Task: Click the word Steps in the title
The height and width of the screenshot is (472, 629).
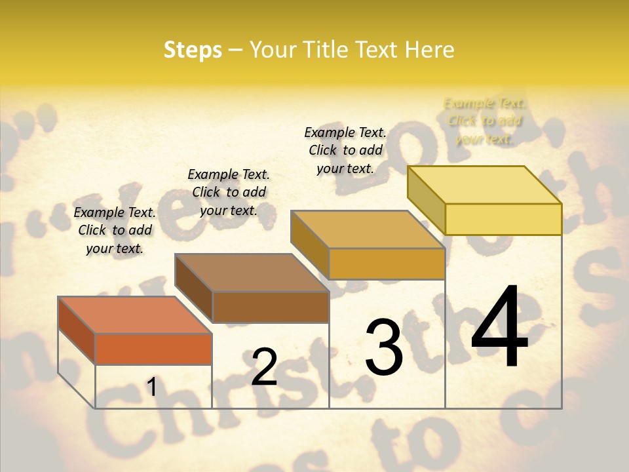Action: tap(193, 50)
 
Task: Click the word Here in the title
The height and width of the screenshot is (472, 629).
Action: tap(430, 50)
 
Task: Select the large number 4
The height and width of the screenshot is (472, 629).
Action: tap(499, 328)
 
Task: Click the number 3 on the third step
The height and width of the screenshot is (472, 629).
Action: tap(384, 347)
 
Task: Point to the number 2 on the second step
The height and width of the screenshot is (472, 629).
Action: tap(264, 367)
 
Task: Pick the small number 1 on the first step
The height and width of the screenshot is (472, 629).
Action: tap(152, 387)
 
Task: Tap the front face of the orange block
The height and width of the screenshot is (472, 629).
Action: tap(153, 349)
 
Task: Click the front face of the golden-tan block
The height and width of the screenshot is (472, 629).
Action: tap(387, 264)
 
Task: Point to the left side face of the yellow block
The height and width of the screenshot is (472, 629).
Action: tap(427, 200)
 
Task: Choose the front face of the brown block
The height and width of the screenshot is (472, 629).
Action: tap(271, 307)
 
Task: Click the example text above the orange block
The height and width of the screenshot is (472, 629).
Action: tap(115, 230)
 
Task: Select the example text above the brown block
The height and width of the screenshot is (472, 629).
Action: tap(229, 192)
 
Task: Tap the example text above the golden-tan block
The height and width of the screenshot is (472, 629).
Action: tap(345, 150)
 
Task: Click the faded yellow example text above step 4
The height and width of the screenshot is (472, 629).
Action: tap(485, 121)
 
